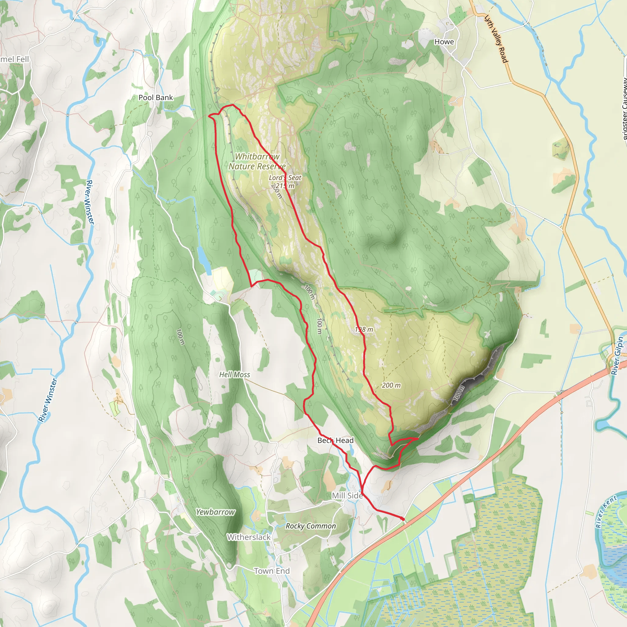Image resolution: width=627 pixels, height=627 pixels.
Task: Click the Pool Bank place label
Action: pyautogui.click(x=156, y=97)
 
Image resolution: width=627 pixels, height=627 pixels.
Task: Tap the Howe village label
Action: pyautogui.click(x=444, y=42)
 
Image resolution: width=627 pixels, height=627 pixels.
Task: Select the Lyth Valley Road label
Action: pyautogui.click(x=496, y=39)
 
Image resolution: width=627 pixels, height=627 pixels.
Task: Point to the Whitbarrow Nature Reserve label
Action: pyautogui.click(x=257, y=161)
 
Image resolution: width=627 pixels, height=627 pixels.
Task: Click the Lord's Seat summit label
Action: pyautogui.click(x=285, y=178)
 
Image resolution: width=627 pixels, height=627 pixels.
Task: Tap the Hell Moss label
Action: pyautogui.click(x=234, y=374)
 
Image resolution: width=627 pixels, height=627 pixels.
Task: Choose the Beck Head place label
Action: pyautogui.click(x=335, y=440)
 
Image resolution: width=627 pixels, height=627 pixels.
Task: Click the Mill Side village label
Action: pyautogui.click(x=347, y=496)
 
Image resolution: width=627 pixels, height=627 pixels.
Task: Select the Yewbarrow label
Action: pyautogui.click(x=215, y=512)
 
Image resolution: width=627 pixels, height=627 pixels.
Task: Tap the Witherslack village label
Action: pyautogui.click(x=249, y=537)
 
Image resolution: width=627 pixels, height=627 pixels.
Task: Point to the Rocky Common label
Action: pyautogui.click(x=310, y=526)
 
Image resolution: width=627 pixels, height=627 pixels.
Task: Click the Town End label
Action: pyautogui.click(x=272, y=571)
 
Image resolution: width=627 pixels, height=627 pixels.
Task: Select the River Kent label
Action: pyautogui.click(x=606, y=512)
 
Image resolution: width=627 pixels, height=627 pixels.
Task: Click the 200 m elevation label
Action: pyautogui.click(x=391, y=385)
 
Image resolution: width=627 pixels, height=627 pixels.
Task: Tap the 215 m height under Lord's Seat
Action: pyautogui.click(x=285, y=186)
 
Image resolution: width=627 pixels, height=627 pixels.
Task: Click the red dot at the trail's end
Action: pyautogui.click(x=403, y=519)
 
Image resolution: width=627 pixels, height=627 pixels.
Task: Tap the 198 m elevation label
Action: pyautogui.click(x=364, y=330)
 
